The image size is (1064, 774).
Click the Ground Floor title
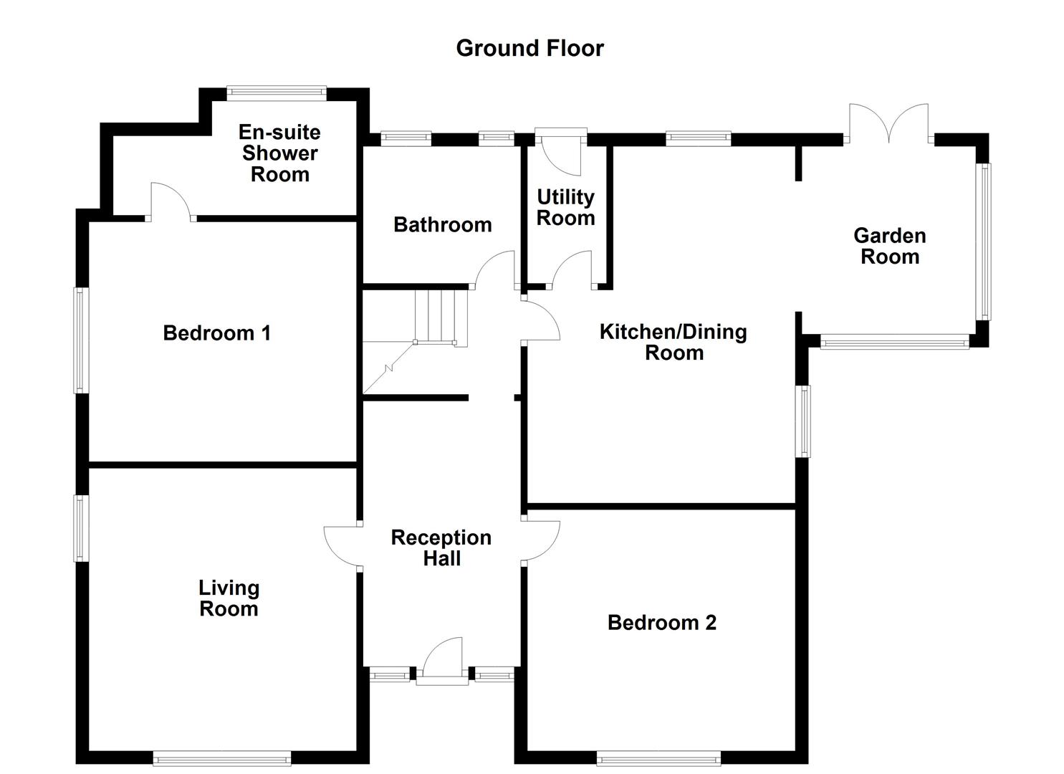pyautogui.click(x=529, y=48)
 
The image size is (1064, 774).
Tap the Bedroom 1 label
pyautogui.click(x=216, y=333)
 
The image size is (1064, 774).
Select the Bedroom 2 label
pyautogui.click(x=661, y=622)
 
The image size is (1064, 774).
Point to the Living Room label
pyautogui.click(x=229, y=598)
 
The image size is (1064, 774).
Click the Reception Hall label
pyautogui.click(x=441, y=548)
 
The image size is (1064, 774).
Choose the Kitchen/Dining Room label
pyautogui.click(x=673, y=342)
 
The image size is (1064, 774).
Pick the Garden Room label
pyautogui.click(x=889, y=246)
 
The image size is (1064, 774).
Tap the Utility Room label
pyautogui.click(x=565, y=207)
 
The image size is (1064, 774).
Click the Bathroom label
pyautogui.click(x=442, y=224)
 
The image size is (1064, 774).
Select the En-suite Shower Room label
pyautogui.click(x=279, y=153)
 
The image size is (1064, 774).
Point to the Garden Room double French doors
pyautogui.click(x=888, y=125)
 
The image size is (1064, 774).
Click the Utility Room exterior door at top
pyautogui.click(x=561, y=152)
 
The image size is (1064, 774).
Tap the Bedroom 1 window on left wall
pyautogui.click(x=82, y=340)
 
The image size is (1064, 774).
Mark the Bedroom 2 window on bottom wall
pyautogui.click(x=658, y=758)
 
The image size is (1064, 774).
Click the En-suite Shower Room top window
pyautogui.click(x=277, y=93)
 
